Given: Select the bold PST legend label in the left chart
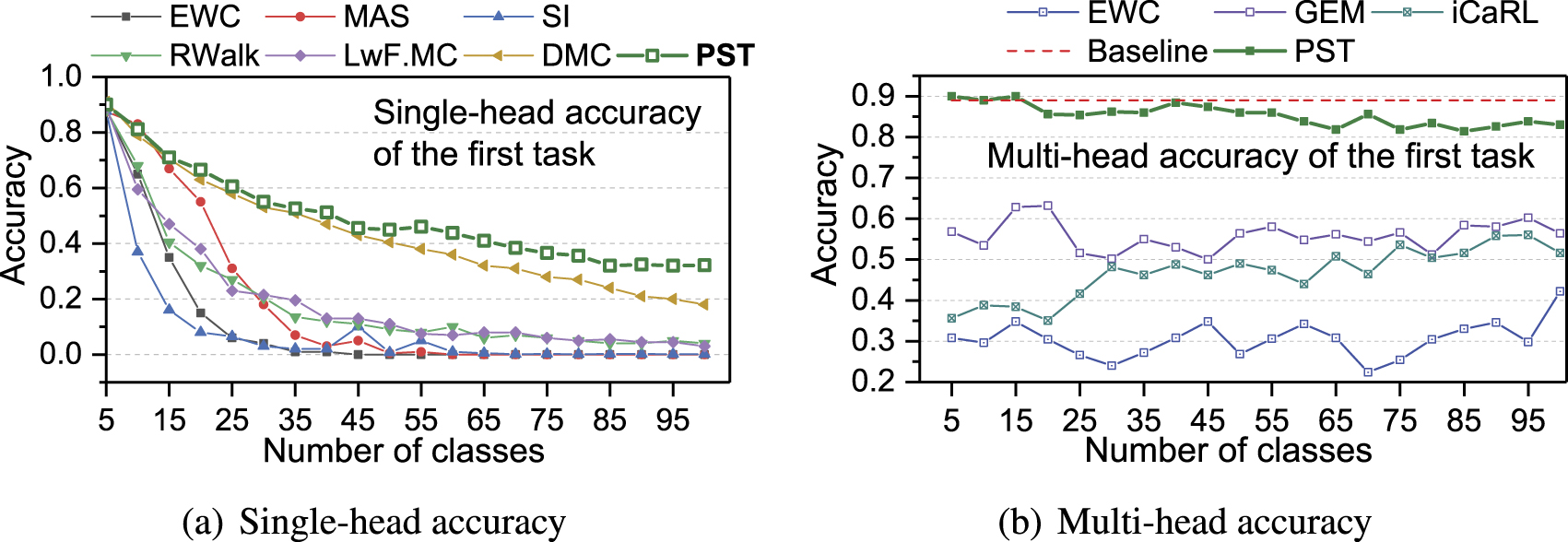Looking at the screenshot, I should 725,56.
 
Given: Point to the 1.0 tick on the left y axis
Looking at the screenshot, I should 61,77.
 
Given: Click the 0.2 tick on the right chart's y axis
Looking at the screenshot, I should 874,382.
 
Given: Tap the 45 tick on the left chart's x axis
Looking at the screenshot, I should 358,420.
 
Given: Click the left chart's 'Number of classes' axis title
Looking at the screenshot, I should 404,451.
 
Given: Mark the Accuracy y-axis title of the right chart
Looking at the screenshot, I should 825,214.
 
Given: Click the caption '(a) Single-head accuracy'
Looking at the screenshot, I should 374,523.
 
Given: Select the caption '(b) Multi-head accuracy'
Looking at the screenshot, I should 1185,523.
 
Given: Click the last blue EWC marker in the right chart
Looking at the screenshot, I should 1561,291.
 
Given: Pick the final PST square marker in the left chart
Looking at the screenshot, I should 704,265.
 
